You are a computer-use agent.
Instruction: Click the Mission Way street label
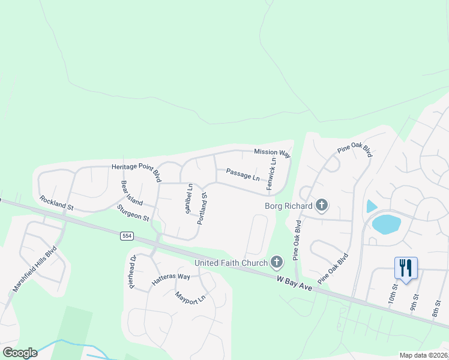(272, 154)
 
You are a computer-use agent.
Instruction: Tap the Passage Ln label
(243, 175)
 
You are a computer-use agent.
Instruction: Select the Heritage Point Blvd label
(137, 172)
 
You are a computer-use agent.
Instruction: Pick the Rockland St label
(56, 203)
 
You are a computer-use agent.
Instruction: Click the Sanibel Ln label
(188, 199)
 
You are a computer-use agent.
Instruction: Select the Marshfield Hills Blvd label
(34, 268)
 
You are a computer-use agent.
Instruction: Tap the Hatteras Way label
(170, 280)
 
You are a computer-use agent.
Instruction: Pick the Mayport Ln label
(190, 297)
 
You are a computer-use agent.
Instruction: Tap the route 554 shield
(125, 236)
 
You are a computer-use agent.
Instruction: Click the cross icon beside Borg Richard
(322, 206)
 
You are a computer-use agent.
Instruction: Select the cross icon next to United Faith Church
(277, 262)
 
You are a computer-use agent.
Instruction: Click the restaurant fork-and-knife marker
(406, 267)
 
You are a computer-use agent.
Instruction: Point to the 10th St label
(393, 295)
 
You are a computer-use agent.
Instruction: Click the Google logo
(19, 353)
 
